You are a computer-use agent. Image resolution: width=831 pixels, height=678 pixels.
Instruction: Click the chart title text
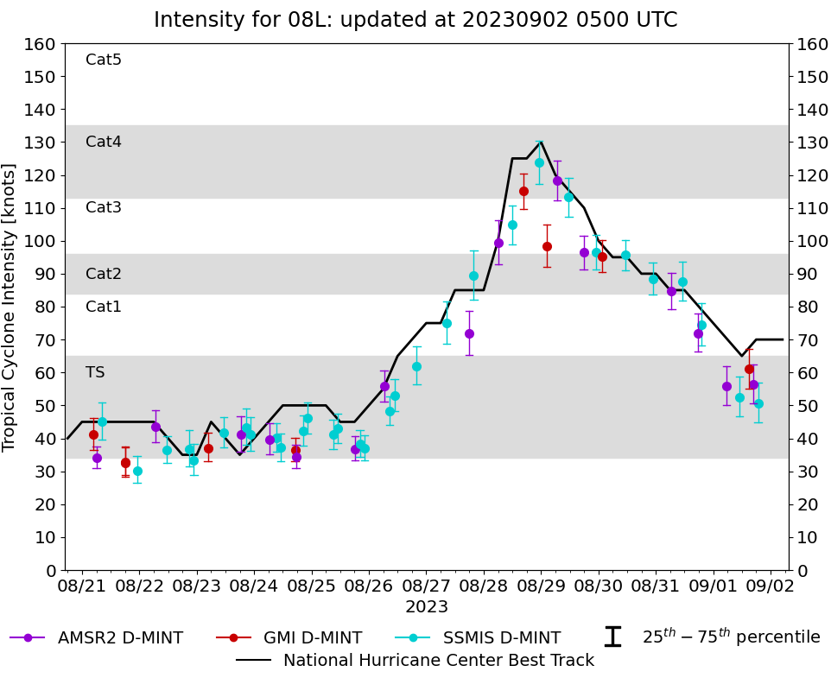coord(415,20)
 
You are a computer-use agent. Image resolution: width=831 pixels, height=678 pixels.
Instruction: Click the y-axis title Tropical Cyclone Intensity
coord(10,307)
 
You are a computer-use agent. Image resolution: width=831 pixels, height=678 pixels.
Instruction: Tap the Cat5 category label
coord(104,60)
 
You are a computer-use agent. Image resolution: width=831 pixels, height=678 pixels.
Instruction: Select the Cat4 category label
coord(104,142)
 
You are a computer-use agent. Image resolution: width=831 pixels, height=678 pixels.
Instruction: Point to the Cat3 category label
coord(104,207)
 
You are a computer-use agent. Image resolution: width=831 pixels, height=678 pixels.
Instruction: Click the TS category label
coord(95,372)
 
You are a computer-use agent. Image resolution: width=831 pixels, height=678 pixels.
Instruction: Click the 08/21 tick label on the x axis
coord(82,587)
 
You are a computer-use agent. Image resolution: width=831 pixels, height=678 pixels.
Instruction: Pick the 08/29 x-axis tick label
coord(541,587)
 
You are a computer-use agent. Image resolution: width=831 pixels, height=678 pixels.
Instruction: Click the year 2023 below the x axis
coord(427,607)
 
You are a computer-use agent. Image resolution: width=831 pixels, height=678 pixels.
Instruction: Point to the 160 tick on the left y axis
coord(41,44)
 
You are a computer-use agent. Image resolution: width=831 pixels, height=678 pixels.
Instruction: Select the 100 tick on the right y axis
coord(811,241)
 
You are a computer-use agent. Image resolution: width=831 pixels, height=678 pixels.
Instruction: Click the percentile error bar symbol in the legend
coord(612,637)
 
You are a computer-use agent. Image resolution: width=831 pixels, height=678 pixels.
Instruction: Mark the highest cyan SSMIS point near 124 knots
coord(539,162)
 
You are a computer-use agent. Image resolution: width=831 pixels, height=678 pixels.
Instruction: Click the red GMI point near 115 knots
coord(523,191)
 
